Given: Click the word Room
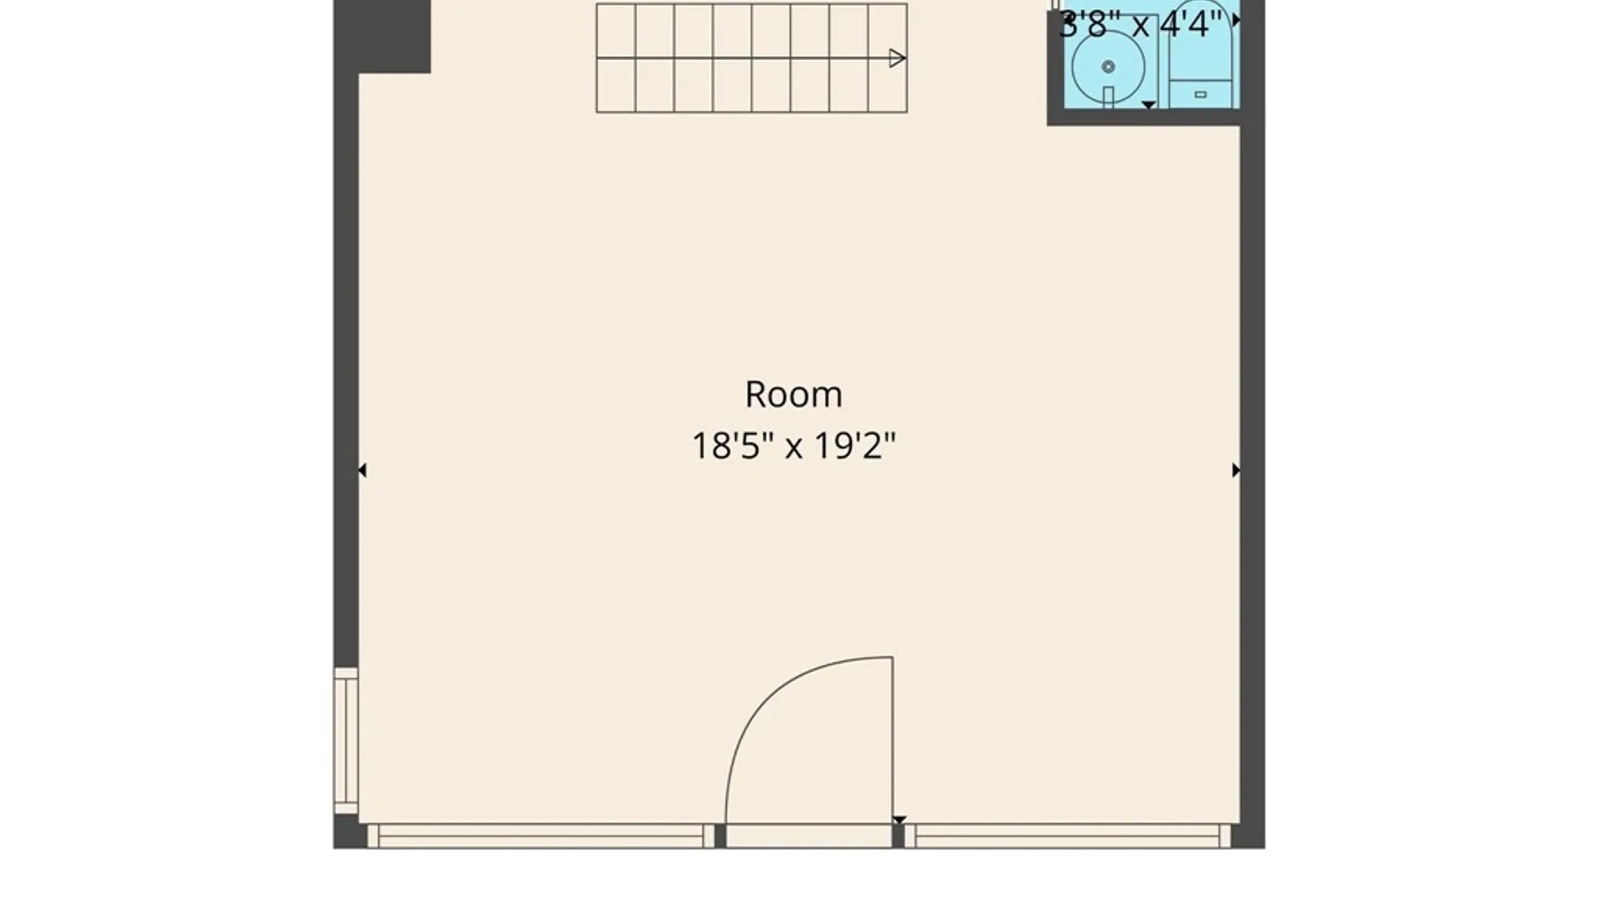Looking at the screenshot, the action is pyautogui.click(x=794, y=395).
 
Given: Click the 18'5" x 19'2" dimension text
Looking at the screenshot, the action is pyautogui.click(x=794, y=446).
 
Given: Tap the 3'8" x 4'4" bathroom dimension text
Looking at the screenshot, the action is pyautogui.click(x=1140, y=25).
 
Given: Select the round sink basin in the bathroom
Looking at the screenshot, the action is pyautogui.click(x=1108, y=67).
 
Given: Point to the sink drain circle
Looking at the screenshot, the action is pyautogui.click(x=1108, y=67).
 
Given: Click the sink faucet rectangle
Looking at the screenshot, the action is pyautogui.click(x=1108, y=97).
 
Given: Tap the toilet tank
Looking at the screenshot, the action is pyautogui.click(x=1200, y=93).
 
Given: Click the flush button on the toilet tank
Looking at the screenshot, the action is pyautogui.click(x=1200, y=95).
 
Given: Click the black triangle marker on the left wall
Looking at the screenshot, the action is pyautogui.click(x=362, y=470).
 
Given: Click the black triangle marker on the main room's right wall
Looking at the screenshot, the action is pyautogui.click(x=1236, y=470).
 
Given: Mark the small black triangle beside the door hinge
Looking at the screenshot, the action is pyautogui.click(x=899, y=820).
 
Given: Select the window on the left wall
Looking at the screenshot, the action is pyautogui.click(x=346, y=740).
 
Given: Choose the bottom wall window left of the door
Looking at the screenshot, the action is pyautogui.click(x=541, y=836).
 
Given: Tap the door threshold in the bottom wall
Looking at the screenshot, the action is pyautogui.click(x=809, y=836).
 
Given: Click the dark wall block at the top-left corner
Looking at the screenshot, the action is pyautogui.click(x=383, y=36).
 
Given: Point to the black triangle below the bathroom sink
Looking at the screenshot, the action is pyautogui.click(x=1148, y=105).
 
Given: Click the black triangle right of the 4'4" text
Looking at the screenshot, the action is pyautogui.click(x=1236, y=20).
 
